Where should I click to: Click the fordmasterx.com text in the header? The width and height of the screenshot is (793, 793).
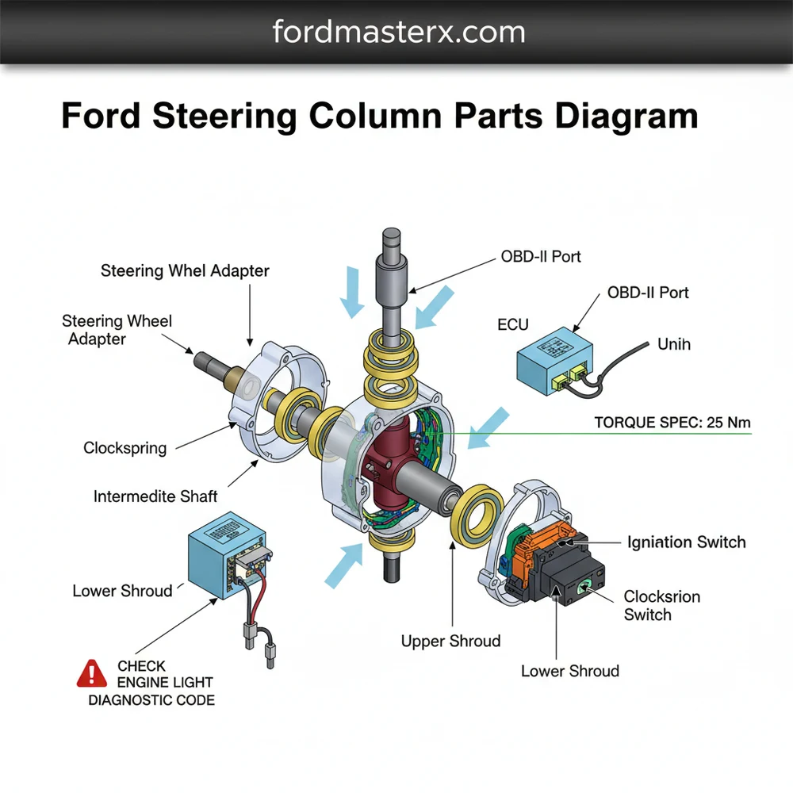[x=398, y=33]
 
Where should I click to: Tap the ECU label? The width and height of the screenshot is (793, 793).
[x=512, y=324]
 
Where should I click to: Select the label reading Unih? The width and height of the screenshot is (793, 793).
[x=674, y=344]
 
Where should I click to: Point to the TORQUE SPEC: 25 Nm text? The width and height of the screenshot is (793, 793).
[x=672, y=423]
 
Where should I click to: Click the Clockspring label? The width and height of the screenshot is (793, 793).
[x=125, y=448]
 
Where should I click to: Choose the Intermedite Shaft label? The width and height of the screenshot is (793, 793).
[x=155, y=496]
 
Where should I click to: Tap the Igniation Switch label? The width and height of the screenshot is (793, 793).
[x=686, y=542]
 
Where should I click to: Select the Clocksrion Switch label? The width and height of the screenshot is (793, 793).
[x=661, y=605]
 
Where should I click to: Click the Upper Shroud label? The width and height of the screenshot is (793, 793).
[x=450, y=641]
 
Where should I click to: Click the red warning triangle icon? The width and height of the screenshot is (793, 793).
[x=92, y=674]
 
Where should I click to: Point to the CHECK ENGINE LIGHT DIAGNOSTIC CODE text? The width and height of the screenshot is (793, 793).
[x=151, y=683]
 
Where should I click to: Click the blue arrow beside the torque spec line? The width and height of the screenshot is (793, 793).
[x=487, y=427]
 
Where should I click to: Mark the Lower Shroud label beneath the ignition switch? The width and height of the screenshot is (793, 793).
[x=569, y=671]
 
